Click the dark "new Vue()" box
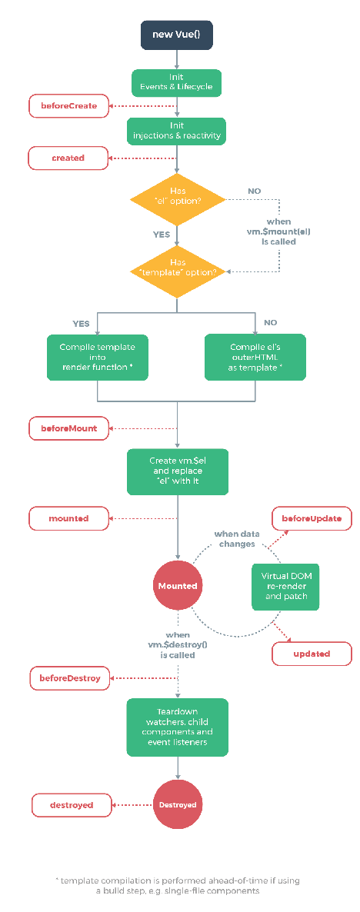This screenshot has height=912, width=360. [176, 35]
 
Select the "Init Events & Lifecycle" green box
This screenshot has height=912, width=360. [176, 82]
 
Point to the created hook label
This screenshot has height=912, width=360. [68, 158]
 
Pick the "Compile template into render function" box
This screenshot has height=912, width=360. [97, 357]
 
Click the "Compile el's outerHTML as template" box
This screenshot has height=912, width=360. [255, 357]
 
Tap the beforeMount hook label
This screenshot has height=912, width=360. [68, 428]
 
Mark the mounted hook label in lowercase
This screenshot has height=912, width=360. [68, 518]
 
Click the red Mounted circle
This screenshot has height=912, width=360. [178, 586]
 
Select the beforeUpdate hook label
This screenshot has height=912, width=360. [312, 518]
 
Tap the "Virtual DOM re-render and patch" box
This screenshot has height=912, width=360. [285, 586]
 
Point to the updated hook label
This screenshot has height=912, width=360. [312, 654]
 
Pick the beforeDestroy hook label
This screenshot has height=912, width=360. [70, 678]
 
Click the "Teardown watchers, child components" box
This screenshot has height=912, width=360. [178, 727]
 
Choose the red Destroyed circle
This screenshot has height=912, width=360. [178, 805]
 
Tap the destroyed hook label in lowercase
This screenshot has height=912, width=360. [72, 806]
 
